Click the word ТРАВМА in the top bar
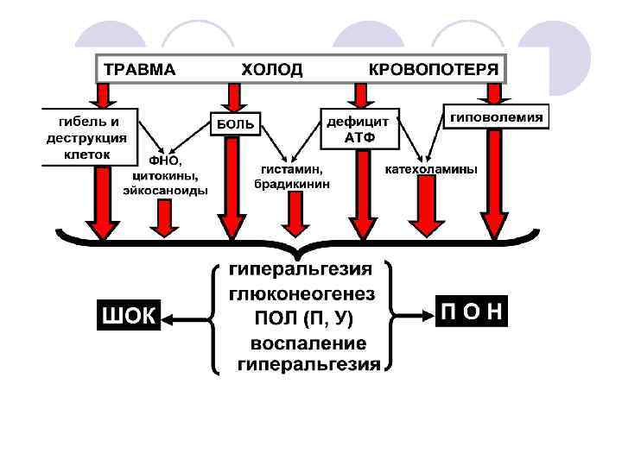[140, 69]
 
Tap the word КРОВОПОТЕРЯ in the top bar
[434, 69]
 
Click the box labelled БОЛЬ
[235, 124]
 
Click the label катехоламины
[430, 170]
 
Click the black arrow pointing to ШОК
[186, 318]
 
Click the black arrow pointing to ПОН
[415, 313]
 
